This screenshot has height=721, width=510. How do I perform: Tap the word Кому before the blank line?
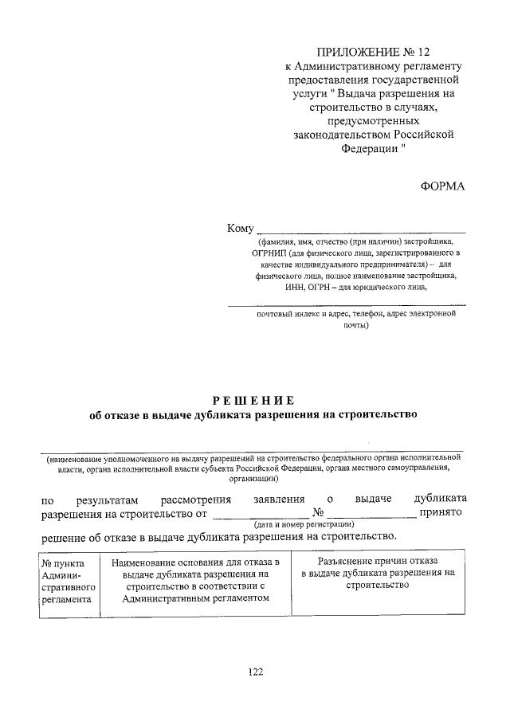pos(240,228)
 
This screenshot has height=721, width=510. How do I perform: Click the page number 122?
pos(255,672)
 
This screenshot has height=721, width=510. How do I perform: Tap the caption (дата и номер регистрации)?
pos(304,525)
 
